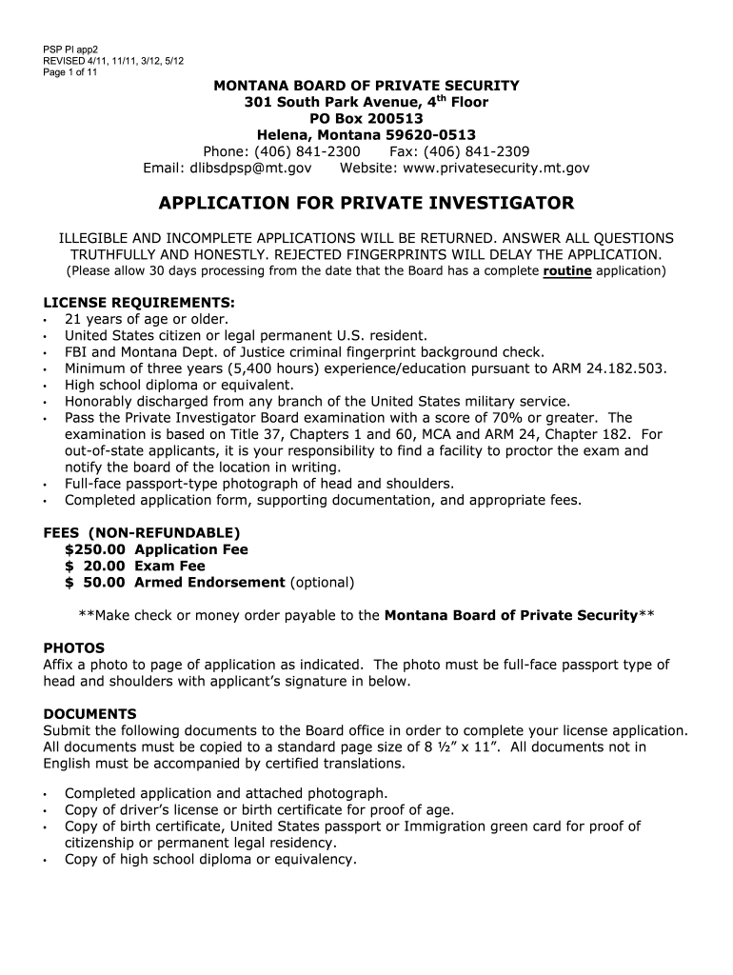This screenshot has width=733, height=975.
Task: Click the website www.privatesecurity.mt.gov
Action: coord(496,168)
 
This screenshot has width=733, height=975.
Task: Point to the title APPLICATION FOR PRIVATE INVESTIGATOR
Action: coord(366,204)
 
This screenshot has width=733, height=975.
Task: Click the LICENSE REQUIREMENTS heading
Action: coord(138,303)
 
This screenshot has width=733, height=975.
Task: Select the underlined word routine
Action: coord(567,271)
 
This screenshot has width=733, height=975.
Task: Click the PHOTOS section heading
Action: coord(74,648)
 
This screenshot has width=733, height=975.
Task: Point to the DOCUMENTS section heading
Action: coord(90,713)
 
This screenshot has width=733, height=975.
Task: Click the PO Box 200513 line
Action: coord(366,118)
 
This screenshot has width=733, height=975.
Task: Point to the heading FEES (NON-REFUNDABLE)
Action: coord(142,532)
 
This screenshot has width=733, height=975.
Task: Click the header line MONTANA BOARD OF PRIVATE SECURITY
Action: coord(366,86)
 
